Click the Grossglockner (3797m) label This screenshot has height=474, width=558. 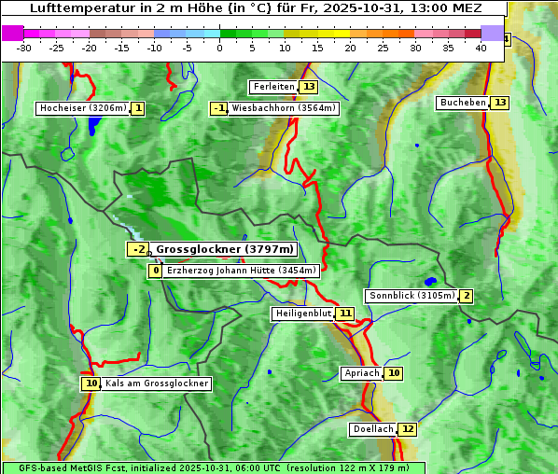coord(224,249)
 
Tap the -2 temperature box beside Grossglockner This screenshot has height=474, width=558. coord(137,249)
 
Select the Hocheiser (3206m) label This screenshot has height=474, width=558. coord(82,108)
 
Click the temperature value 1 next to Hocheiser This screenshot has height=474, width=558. coord(138,108)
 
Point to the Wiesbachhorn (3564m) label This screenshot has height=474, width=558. coord(284,108)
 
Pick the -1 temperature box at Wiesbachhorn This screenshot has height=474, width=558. coord(219,108)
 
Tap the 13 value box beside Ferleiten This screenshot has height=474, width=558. coord(308,87)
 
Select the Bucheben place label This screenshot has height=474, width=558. coord(463,103)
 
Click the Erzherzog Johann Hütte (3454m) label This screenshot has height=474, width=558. coord(243,271)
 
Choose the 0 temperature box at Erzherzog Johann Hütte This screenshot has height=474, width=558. coord(155,271)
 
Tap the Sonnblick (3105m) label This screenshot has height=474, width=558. coord(412,296)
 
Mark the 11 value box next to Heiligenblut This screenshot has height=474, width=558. coord(345,314)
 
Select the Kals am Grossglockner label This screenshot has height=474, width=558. coord(157,383)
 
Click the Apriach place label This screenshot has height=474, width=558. coord(361,373)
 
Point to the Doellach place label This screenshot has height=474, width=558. coord(373,429)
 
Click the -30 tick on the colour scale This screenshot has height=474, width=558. coord(24,48)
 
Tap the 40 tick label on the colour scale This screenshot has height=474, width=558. coord(481,48)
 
